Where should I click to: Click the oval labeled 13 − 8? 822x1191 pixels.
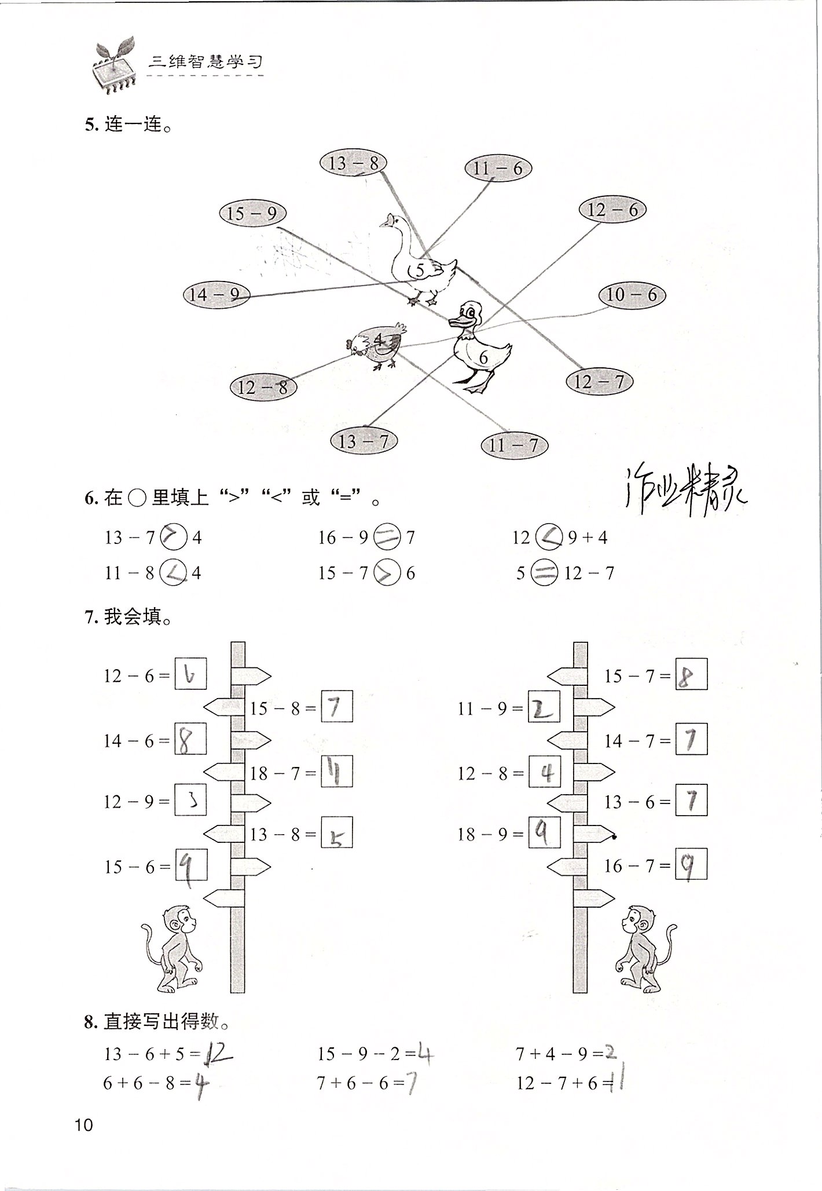point(353,164)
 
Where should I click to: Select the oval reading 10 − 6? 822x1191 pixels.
point(632,295)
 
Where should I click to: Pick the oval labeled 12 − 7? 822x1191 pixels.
point(599,382)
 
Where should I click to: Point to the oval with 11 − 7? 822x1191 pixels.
point(513,445)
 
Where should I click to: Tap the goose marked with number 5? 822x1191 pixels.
point(420,261)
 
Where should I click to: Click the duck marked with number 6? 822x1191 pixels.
point(478,348)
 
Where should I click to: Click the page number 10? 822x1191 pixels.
point(84,1125)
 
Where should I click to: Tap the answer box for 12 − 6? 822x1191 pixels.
point(190,674)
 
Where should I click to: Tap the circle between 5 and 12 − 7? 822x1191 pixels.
point(544,573)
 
